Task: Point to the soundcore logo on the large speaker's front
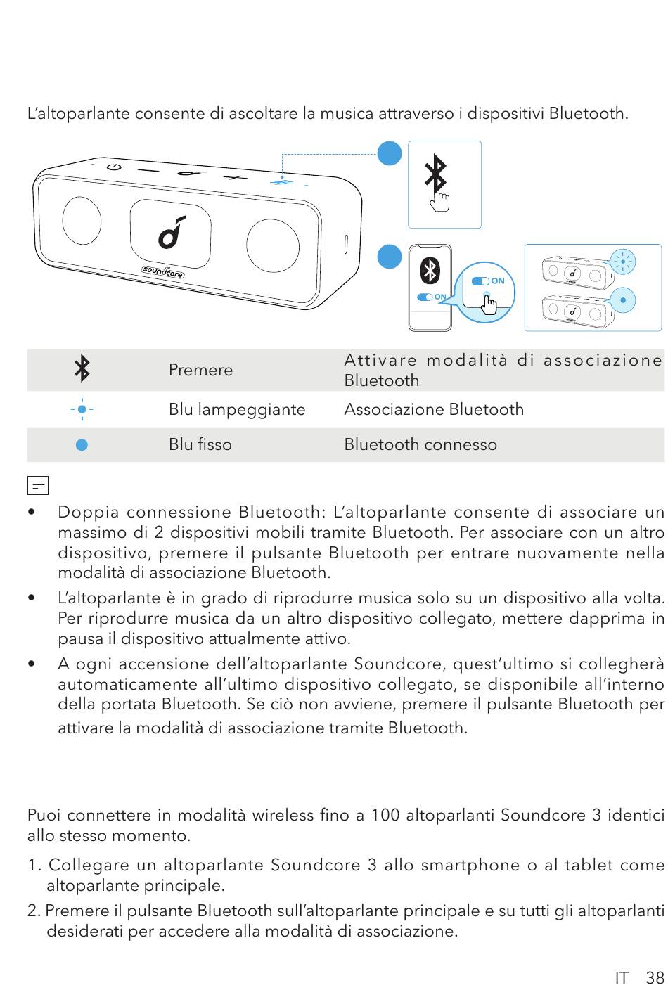[x=163, y=271]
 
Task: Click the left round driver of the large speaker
[x=82, y=219]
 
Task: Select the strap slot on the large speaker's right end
[x=345, y=244]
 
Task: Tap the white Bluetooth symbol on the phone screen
[x=430, y=272]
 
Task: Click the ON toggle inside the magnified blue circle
[x=482, y=281]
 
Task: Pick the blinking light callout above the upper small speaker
[x=622, y=262]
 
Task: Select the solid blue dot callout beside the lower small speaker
[x=623, y=300]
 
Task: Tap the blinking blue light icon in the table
[x=82, y=409]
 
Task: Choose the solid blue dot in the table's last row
[x=82, y=444]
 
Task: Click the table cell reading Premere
[x=200, y=370]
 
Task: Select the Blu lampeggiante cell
[x=237, y=409]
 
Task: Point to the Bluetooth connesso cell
[x=420, y=444]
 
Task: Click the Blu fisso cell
[x=200, y=444]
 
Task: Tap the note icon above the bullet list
[x=38, y=485]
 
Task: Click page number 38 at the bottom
[x=655, y=977]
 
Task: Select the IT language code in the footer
[x=622, y=977]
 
